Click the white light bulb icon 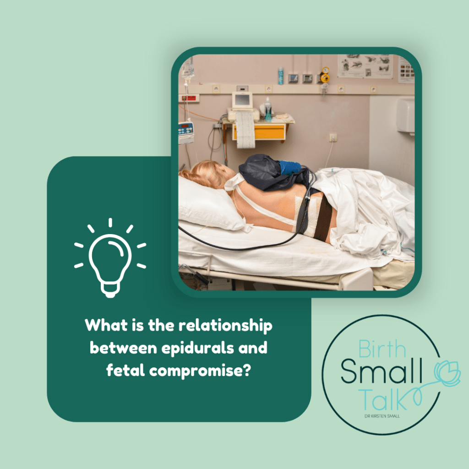click(110, 260)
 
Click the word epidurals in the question click(198, 349)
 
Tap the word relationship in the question click(225, 326)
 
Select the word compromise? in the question click(200, 371)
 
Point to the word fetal click(125, 370)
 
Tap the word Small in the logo click(382, 371)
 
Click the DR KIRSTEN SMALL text click(382, 416)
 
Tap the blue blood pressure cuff click(289, 168)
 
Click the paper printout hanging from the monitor click(245, 130)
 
